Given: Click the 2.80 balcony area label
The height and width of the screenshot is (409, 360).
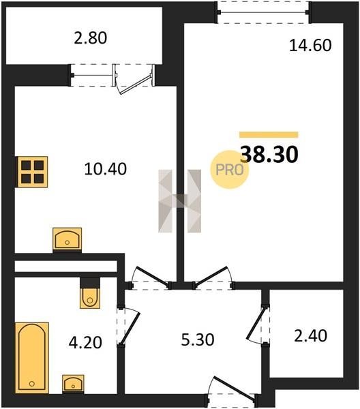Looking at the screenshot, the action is click(x=90, y=37).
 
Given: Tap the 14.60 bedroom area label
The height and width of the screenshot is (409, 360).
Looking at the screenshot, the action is click(x=310, y=46).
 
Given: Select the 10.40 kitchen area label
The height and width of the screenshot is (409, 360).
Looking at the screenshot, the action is click(x=106, y=169).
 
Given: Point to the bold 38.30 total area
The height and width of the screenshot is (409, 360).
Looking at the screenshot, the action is click(x=269, y=155).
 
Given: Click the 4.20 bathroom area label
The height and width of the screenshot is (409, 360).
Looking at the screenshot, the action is click(x=85, y=342).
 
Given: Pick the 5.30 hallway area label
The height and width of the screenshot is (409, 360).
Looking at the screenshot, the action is click(x=198, y=340).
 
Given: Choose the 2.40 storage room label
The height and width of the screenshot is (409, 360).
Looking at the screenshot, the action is click(x=310, y=336).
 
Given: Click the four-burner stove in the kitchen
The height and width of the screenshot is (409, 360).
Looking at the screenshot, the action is click(x=33, y=172).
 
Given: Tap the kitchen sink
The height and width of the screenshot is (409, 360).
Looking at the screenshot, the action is click(x=67, y=238).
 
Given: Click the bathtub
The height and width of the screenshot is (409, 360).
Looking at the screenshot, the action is click(x=32, y=357).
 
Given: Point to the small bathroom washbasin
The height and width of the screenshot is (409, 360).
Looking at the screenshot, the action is click(x=73, y=383).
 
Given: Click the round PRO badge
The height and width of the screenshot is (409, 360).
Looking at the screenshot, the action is click(x=230, y=170).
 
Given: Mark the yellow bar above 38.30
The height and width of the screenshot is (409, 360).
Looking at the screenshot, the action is click(x=269, y=134).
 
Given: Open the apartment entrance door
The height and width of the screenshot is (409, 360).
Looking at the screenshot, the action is click(x=233, y=389).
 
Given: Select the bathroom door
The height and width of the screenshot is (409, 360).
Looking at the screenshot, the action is click(x=128, y=327).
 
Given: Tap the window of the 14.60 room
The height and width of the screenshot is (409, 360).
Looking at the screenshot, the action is click(x=263, y=12).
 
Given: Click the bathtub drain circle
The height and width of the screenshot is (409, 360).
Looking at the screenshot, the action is click(x=32, y=384).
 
